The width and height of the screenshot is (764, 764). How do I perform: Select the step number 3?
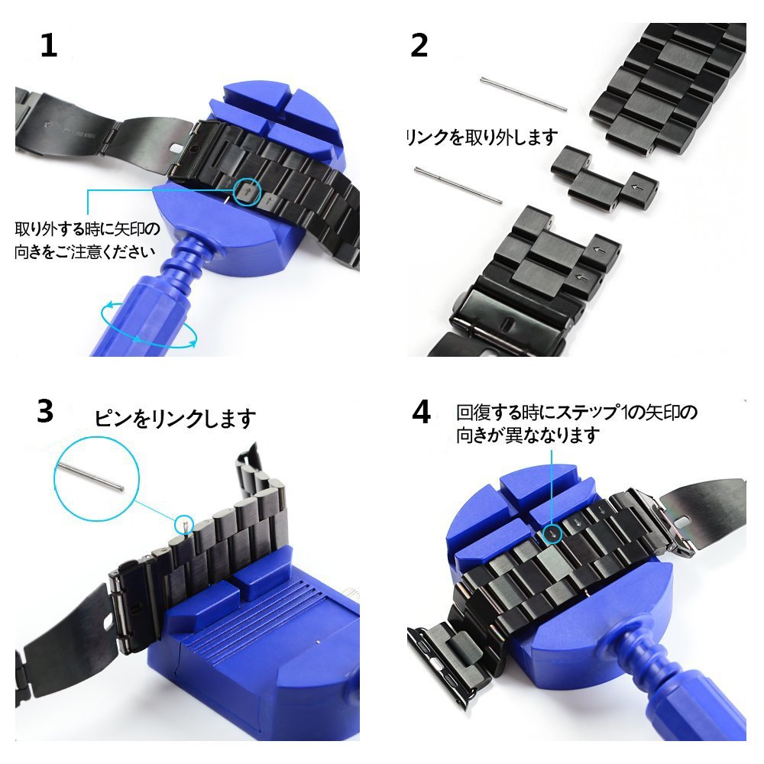coord(45,411)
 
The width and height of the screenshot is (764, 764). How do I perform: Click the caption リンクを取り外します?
coord(482,138)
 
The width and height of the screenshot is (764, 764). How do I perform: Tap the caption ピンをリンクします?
coord(174,418)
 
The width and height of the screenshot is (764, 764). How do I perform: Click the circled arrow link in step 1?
coord(247,192)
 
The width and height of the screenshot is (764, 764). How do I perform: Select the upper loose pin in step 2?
coord(523,95)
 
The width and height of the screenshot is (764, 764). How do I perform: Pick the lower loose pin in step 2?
coord(458,185)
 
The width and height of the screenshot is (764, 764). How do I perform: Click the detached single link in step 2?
coord(605,180)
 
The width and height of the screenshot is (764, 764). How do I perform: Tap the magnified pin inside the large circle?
coord(89,477)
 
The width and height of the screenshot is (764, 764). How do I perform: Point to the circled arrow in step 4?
coord(553,535)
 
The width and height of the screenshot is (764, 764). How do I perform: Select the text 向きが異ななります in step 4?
coord(528,435)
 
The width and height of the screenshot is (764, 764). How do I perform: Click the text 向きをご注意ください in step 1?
coord(86,251)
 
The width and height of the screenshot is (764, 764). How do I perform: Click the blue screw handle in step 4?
coord(682,692)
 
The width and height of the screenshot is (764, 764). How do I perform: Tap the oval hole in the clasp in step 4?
coord(681,522)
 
